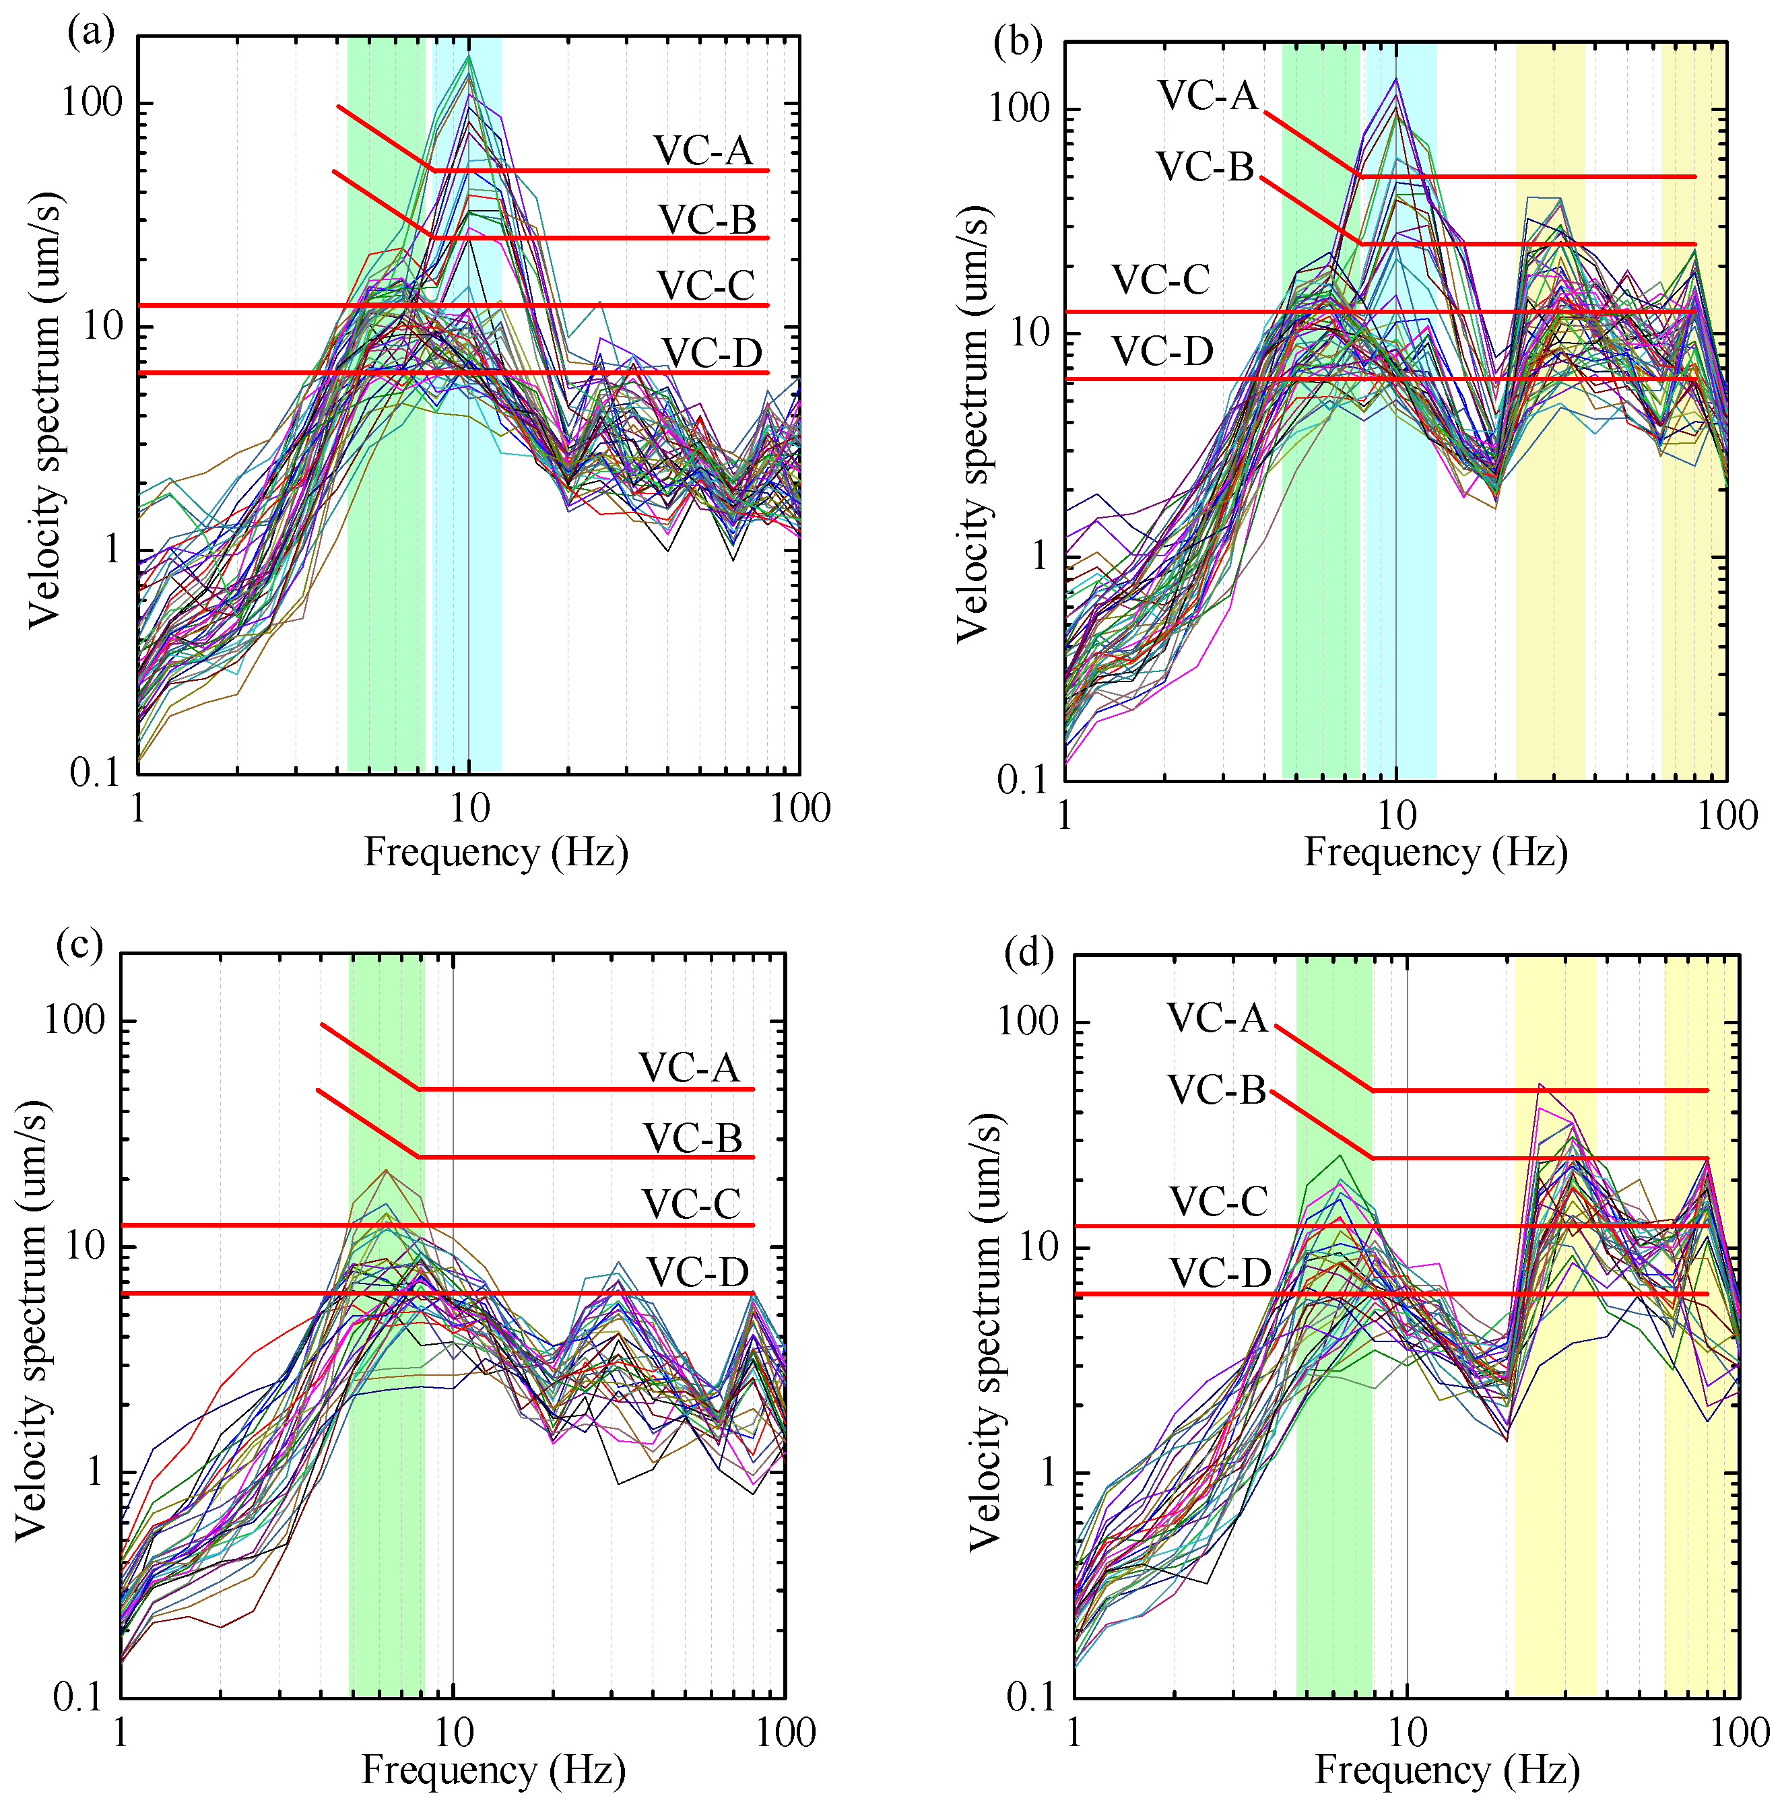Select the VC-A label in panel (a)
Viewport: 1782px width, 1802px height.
click(x=702, y=150)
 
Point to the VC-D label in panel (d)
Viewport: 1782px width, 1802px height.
click(x=1220, y=1272)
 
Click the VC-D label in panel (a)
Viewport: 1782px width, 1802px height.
click(x=711, y=354)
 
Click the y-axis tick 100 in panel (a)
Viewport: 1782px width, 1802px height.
click(x=92, y=102)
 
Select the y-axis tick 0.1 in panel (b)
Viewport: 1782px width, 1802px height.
click(x=1022, y=780)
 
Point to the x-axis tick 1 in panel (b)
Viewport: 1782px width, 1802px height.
click(x=1065, y=816)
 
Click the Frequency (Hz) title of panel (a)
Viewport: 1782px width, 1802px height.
click(x=496, y=853)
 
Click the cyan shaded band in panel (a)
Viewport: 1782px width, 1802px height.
click(x=467, y=560)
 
